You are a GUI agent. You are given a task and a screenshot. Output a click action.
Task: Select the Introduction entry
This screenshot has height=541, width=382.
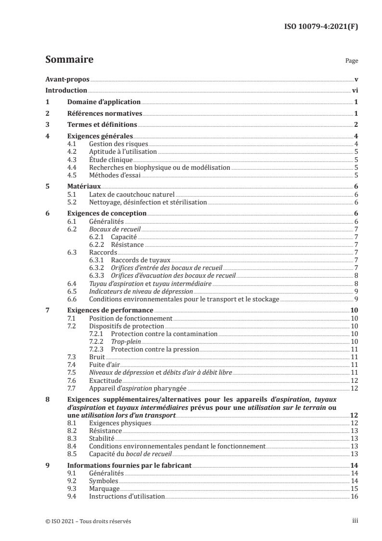[66, 90]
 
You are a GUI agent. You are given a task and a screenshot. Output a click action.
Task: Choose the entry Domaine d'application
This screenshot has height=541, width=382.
[103, 102]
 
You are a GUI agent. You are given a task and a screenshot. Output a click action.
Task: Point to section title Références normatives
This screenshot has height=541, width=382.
[104, 114]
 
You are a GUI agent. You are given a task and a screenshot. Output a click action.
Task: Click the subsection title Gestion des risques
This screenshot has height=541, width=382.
[118, 144]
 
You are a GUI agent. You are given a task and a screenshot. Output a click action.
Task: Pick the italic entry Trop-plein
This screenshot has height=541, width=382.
[124, 341]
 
